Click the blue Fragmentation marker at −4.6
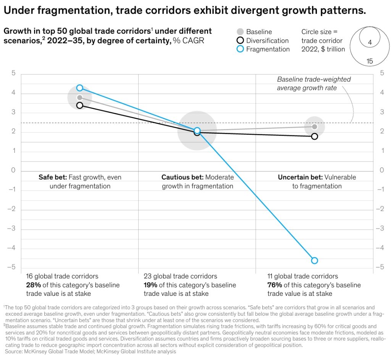point(314,261)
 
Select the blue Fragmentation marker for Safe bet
point(79,88)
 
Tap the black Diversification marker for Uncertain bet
point(314,136)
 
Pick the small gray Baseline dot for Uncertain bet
point(314,126)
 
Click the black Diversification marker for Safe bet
point(79,105)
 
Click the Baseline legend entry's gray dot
point(240,32)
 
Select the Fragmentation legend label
point(268,49)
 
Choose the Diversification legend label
point(267,41)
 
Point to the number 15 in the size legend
point(369,61)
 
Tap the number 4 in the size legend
point(370,43)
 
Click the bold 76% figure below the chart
point(275,285)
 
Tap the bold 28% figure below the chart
point(33,285)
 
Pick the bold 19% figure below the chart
point(151,285)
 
